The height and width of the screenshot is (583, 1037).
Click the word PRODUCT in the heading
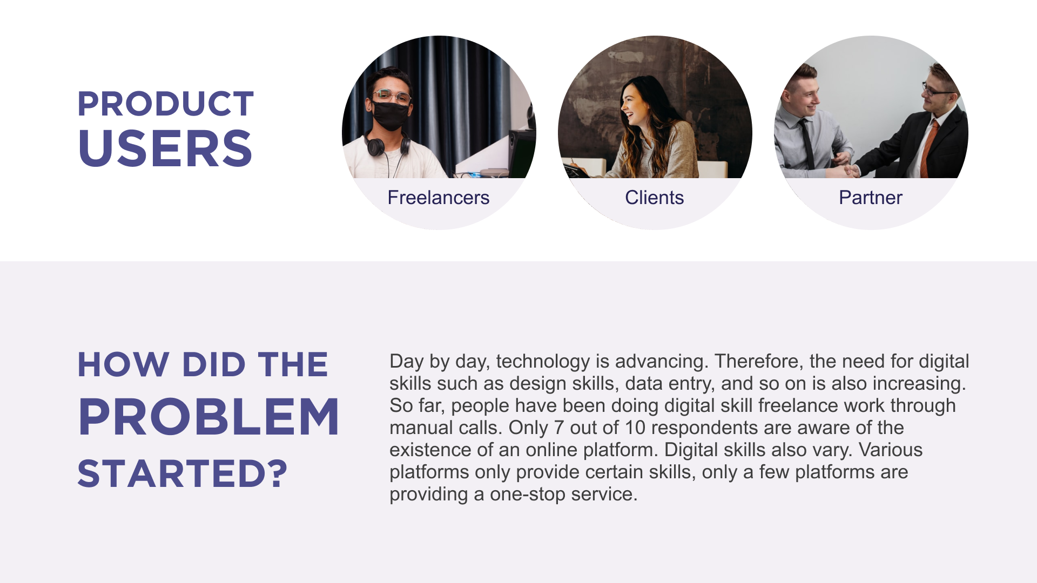pyautogui.click(x=165, y=104)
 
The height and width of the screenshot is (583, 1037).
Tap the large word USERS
pyautogui.click(x=165, y=148)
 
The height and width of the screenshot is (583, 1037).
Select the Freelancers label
pyautogui.click(x=439, y=198)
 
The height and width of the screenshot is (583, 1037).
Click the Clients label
pyautogui.click(x=655, y=198)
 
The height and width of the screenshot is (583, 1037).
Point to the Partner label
pyautogui.click(x=871, y=198)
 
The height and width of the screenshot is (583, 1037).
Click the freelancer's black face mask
pyautogui.click(x=390, y=115)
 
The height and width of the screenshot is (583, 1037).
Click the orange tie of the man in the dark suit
pyautogui.click(x=928, y=148)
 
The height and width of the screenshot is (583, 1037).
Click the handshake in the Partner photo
pyautogui.click(x=848, y=171)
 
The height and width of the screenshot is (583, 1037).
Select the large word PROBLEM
pyautogui.click(x=208, y=417)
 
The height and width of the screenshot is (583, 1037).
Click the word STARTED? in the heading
pyautogui.click(x=183, y=473)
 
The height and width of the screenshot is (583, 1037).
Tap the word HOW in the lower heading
pyautogui.click(x=124, y=364)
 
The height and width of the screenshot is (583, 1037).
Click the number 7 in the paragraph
pyautogui.click(x=559, y=428)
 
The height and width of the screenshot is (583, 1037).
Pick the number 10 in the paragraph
pyautogui.click(x=635, y=428)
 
